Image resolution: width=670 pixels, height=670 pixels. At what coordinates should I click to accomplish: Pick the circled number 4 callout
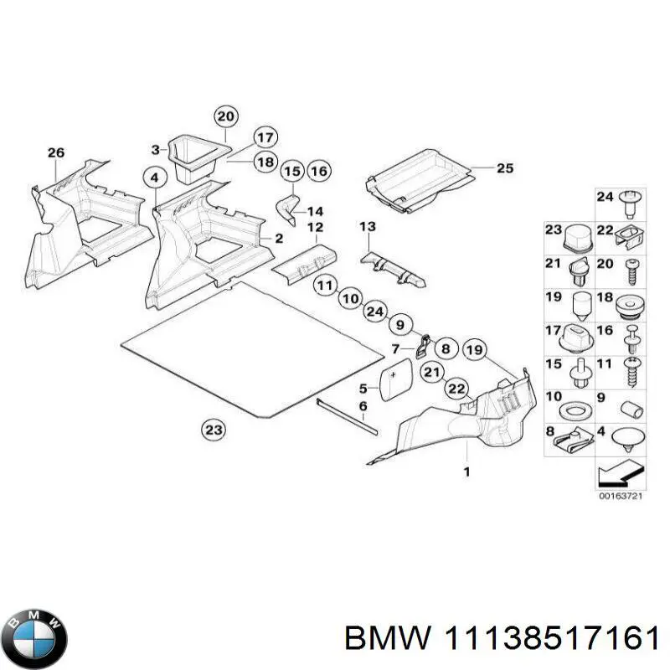point(154,177)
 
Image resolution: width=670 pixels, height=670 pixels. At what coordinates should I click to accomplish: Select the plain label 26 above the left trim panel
point(56,152)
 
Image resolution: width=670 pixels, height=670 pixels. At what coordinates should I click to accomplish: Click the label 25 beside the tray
point(503,168)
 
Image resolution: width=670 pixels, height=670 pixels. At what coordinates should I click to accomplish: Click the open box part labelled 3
point(196,159)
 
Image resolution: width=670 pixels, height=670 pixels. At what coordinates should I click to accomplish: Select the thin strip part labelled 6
point(345,415)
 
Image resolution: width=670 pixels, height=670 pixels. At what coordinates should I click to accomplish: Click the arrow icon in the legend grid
point(616,475)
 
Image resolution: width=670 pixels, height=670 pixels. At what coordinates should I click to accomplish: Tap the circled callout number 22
point(455,389)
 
